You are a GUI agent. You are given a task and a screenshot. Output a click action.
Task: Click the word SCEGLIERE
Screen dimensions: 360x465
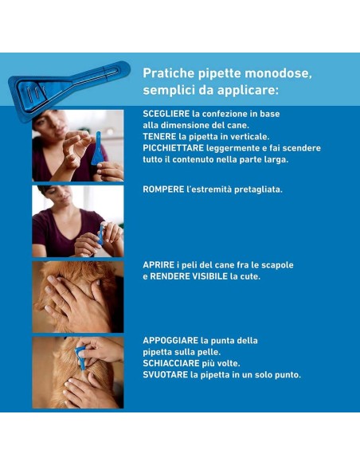166,114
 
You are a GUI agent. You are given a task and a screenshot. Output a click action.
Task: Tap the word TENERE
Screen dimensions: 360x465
159,136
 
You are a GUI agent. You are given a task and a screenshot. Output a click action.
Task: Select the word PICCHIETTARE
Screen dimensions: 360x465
173,148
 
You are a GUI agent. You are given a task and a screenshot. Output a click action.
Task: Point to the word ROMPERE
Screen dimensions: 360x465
163,190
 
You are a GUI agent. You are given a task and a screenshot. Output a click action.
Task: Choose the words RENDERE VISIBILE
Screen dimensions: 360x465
189,276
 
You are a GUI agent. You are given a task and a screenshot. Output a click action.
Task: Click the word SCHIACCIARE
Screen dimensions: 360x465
171,363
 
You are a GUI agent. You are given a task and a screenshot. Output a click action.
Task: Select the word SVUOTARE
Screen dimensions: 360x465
166,375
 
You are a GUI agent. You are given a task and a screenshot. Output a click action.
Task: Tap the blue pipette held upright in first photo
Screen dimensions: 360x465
97,148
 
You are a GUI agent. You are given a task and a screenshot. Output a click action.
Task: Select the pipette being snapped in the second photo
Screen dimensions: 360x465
101,234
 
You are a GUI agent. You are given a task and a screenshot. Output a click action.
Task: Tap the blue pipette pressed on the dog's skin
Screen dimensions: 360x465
80,358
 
